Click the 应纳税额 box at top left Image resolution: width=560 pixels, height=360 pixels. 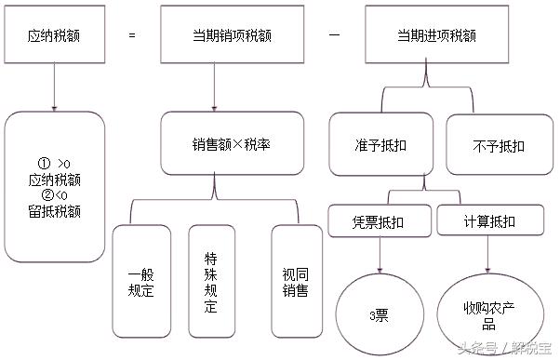[x=55, y=35]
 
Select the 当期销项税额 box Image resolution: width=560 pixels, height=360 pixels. [x=215, y=35]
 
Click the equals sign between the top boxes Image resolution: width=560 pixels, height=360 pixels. [x=132, y=35]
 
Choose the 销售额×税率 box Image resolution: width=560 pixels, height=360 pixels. [x=215, y=144]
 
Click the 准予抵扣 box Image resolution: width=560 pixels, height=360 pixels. [x=380, y=144]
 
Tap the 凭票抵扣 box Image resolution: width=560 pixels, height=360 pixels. [x=380, y=221]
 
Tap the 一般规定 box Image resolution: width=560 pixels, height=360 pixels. [x=140, y=281]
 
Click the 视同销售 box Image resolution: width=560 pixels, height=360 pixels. [x=295, y=281]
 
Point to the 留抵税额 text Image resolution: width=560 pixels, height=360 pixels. [x=54, y=211]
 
